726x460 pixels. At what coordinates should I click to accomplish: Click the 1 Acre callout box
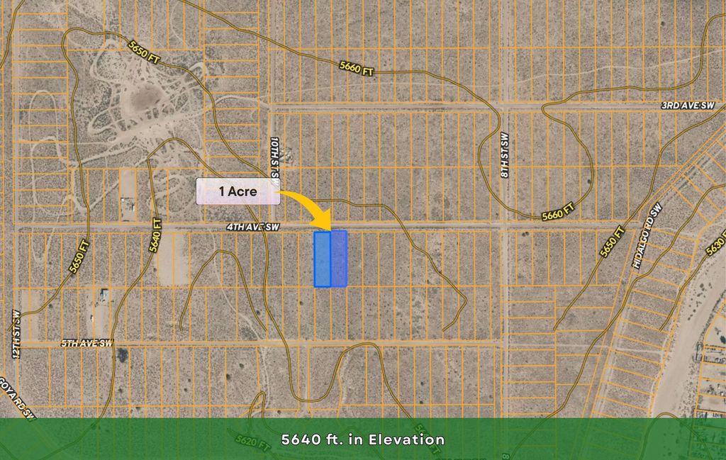238,191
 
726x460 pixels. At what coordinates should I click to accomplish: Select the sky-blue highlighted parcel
323,259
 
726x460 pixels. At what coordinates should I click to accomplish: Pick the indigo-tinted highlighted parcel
339,259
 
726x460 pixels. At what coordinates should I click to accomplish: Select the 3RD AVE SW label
688,106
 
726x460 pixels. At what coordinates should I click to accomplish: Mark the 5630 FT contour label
716,244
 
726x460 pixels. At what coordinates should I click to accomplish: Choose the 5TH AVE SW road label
86,344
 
